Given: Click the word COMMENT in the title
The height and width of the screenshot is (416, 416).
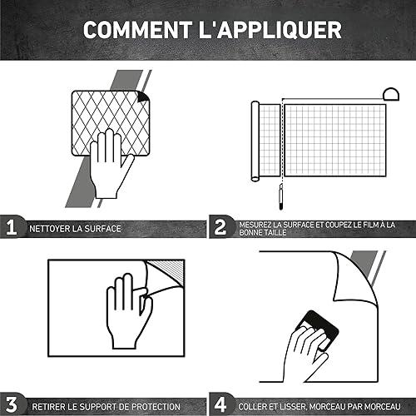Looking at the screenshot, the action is coord(138,30).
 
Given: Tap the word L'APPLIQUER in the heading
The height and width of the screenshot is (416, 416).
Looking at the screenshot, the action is coord(270,30).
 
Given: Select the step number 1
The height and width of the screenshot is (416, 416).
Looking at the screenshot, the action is coord(12,227).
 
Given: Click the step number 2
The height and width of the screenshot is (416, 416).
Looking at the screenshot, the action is coord(220,227).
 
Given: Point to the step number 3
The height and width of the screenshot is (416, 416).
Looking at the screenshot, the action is coord(12,405).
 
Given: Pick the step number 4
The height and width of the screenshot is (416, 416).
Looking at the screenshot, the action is coord(220,404).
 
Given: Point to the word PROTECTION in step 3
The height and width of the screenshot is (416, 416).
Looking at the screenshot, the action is coord(156,407).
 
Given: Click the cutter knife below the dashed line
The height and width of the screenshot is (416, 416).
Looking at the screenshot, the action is coord(280,196).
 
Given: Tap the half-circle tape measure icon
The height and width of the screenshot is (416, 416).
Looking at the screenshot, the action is coord(391,94).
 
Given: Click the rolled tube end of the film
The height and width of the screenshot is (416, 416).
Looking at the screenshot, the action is coord(255,141).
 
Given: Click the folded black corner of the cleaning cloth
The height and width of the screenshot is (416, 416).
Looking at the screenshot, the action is coord(144,97).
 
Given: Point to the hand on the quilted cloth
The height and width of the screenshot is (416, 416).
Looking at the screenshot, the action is coord(110,164).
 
